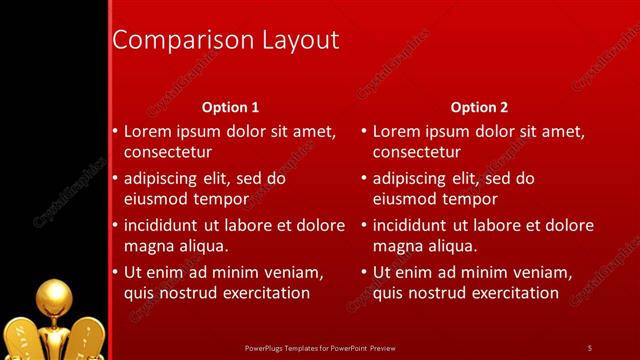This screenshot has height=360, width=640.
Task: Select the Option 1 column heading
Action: pos(230,107)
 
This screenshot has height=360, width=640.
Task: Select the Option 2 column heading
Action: pos(479,107)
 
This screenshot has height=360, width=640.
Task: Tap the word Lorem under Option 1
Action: pos(148,131)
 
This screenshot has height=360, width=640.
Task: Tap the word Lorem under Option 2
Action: pos(397,131)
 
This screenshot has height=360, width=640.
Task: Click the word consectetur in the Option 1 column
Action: pos(168,153)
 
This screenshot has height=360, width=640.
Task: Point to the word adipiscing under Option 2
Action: pos(411,179)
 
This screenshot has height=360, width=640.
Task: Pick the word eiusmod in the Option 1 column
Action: pos(156,199)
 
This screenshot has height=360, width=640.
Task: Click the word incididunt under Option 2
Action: pos(412,225)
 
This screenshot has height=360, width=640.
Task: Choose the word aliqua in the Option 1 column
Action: pos(204,245)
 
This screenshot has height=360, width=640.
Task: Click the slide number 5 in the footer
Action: pos(589,347)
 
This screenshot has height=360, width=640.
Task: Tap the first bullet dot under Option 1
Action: pos(115,131)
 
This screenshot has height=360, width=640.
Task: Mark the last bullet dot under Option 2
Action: pos(364,272)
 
